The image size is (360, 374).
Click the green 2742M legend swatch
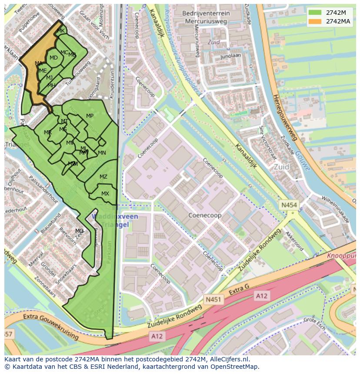pos(315,13)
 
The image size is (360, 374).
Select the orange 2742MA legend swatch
pos(315,21)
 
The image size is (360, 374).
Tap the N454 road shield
pos(289,205)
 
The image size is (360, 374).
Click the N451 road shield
pos(213,299)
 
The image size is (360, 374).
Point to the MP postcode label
pos(90,116)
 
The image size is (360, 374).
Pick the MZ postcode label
pos(103,177)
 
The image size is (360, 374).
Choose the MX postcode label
pos(105,194)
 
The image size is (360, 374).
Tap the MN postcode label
pos(102,153)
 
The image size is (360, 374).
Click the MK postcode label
pos(61,31)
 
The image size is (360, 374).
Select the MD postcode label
pos(53,58)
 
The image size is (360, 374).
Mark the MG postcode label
pos(79,231)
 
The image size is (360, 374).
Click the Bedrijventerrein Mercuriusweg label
pos(206,17)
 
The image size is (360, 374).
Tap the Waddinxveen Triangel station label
pos(115,221)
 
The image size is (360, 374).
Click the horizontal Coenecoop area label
pos(204,215)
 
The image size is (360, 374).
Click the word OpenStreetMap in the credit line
pos(234,367)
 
